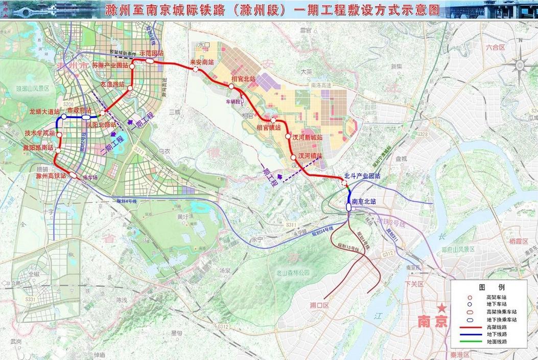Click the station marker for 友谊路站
tap(130, 88)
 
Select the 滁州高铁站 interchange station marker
tap(74, 176)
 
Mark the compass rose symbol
tap(521, 65)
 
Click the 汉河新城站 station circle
tap(288, 138)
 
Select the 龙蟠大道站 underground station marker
tap(64, 117)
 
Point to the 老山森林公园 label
tap(293, 273)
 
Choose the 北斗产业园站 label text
tap(363, 176)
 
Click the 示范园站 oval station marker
tap(151, 61)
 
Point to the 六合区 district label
tap(495, 47)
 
